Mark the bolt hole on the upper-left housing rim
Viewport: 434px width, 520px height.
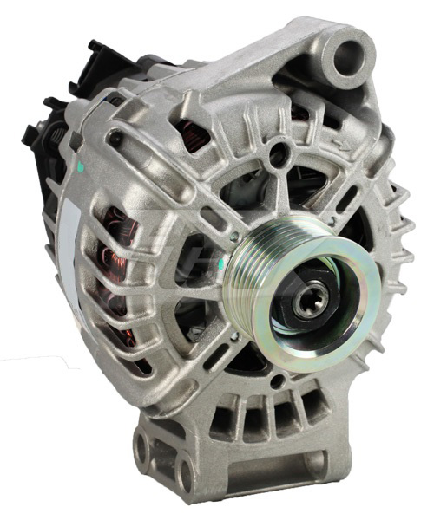coord(114,135)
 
